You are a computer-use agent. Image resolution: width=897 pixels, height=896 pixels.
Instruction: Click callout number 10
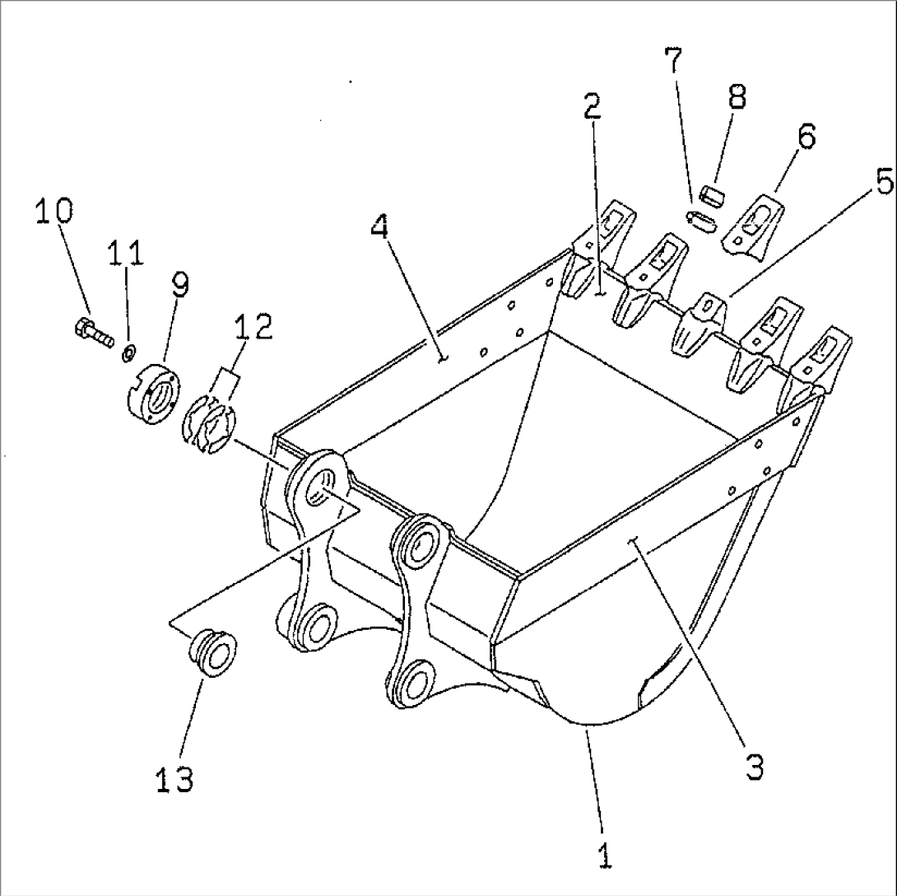(x=53, y=212)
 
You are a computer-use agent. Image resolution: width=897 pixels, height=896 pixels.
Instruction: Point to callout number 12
(x=252, y=327)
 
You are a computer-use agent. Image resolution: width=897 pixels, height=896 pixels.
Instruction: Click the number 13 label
(x=174, y=778)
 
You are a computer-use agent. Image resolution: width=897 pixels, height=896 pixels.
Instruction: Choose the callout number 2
(x=592, y=107)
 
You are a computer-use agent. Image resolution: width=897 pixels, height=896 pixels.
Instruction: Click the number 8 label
(x=737, y=96)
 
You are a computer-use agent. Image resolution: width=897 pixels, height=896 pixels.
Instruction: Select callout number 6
(x=806, y=136)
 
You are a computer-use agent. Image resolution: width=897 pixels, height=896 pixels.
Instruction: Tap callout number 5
(x=883, y=182)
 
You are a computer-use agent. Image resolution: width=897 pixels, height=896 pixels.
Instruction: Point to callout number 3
(x=754, y=767)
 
